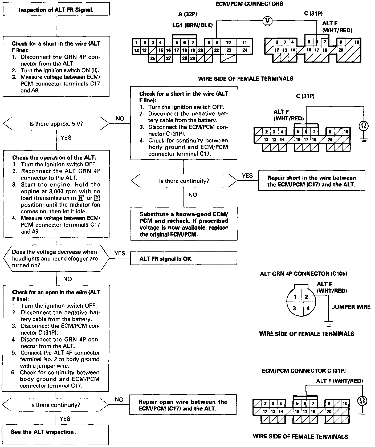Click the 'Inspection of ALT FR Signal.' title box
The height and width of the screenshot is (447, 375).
pos(56,10)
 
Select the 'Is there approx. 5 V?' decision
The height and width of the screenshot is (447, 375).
pos(56,124)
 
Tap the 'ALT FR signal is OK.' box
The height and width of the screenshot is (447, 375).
pos(184,259)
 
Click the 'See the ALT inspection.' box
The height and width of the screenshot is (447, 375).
pos(55,432)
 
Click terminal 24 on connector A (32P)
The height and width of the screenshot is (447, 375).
pos(245,50)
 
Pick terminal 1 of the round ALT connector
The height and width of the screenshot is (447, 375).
pos(295,297)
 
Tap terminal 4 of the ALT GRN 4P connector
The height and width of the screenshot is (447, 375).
pos(308,308)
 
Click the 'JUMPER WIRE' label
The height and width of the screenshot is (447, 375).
pos(351,307)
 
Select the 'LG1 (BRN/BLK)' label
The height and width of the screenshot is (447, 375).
pos(192,25)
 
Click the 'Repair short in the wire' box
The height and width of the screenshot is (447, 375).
pos(311,181)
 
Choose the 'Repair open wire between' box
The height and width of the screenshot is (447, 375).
pos(183,405)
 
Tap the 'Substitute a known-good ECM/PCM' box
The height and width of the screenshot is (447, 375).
pos(184,224)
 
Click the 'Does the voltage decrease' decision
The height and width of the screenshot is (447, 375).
pos(56,258)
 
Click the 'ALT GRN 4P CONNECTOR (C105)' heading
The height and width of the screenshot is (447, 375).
pos(304,274)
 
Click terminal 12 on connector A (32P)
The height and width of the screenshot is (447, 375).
pos(136,50)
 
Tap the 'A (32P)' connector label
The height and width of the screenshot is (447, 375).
pos(188,14)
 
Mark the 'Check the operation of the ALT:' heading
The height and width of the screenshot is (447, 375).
pos(54,157)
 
